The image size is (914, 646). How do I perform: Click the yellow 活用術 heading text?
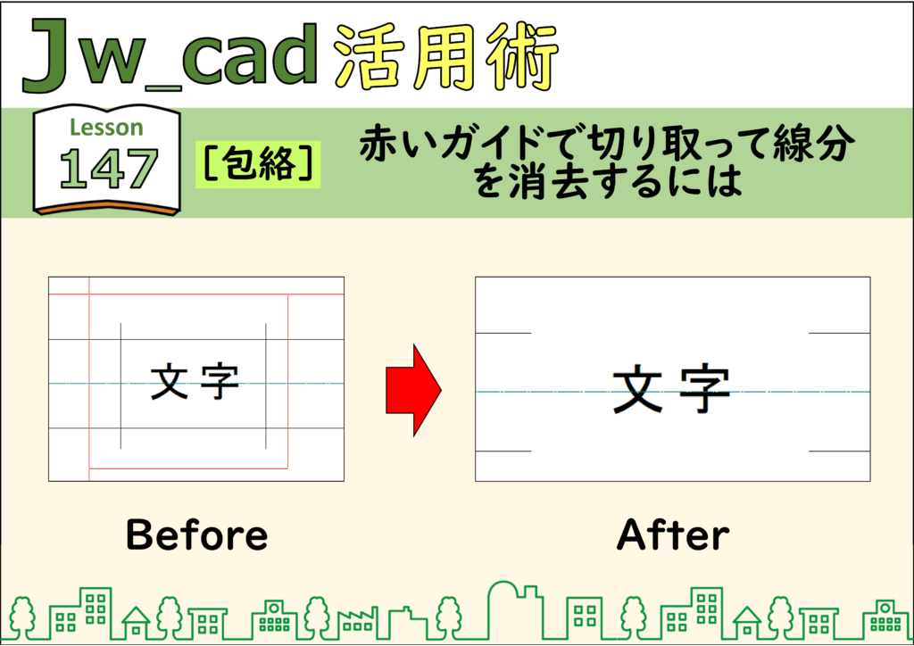click(x=447, y=56)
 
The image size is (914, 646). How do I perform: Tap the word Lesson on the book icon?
click(x=107, y=128)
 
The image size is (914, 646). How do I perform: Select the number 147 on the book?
click(x=108, y=169)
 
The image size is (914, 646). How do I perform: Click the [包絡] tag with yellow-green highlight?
click(x=258, y=163)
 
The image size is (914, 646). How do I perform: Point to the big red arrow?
click(x=413, y=390)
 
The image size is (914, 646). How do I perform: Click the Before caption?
click(x=197, y=534)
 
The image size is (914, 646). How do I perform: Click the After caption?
click(x=673, y=534)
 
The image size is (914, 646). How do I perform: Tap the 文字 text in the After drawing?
click(x=671, y=388)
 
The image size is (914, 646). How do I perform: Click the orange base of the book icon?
click(x=107, y=207)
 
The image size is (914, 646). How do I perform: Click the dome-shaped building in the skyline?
click(x=503, y=609)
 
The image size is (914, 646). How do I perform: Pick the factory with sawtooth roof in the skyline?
click(x=357, y=624)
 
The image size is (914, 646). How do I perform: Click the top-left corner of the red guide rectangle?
click(x=89, y=294)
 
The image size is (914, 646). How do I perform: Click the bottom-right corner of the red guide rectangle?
click(x=288, y=468)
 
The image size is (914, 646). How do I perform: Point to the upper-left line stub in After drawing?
click(x=503, y=333)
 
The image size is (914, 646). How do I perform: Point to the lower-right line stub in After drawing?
click(x=839, y=451)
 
